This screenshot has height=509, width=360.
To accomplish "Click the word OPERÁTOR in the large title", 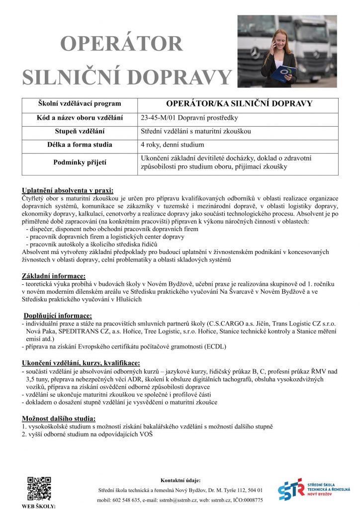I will tap(122, 43).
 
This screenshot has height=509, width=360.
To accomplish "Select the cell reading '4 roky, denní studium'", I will tap(172, 145).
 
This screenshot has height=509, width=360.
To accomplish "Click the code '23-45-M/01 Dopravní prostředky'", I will tap(190, 118).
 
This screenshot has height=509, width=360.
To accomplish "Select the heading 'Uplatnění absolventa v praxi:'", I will tap(67, 190).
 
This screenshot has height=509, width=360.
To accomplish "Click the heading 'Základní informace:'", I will tap(54, 276).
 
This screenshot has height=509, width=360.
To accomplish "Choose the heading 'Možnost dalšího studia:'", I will tap(59, 418).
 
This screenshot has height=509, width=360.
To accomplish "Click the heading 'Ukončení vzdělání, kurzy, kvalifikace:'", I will tap(81, 363).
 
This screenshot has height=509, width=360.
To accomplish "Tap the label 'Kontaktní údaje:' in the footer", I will tap(180, 480).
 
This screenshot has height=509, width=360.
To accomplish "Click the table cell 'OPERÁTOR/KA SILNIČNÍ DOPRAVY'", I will tap(239, 104).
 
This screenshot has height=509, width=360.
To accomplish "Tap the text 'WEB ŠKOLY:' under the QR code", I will tap(39, 506).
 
